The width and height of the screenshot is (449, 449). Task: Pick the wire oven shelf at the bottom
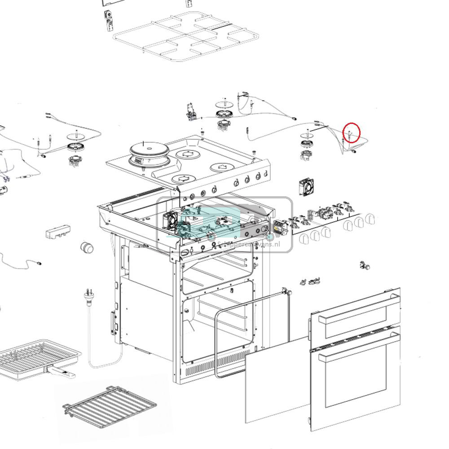(110, 406)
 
